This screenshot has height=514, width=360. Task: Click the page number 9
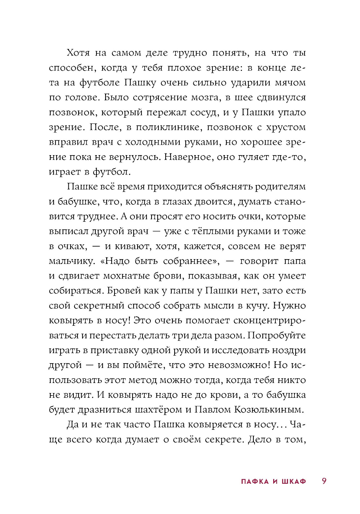point(324,481)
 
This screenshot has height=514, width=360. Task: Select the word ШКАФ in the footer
point(293,482)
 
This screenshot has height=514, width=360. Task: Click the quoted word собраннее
point(190,261)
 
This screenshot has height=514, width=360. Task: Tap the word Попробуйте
point(276,335)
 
